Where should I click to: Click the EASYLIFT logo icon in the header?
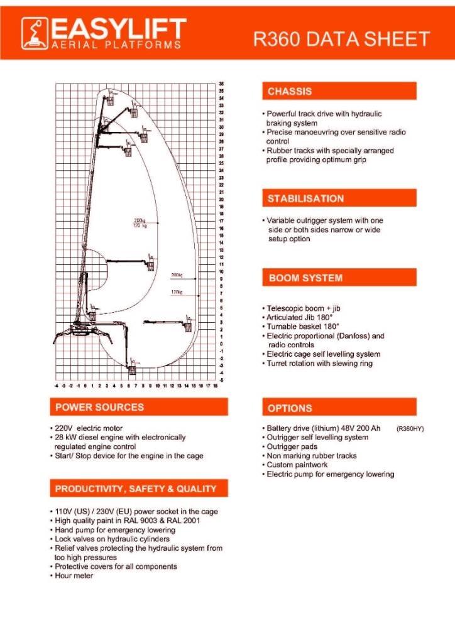coord(36,33)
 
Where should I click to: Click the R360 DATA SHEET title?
coord(341,39)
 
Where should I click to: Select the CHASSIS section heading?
coord(290,92)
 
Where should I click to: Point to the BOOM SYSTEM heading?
coord(305,278)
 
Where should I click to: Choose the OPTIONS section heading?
coord(290,408)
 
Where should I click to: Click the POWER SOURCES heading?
coord(99,407)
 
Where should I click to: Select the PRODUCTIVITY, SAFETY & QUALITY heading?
coord(136,489)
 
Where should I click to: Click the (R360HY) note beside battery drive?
coord(410,428)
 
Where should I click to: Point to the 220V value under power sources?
coord(63,428)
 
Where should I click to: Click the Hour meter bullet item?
coord(74,575)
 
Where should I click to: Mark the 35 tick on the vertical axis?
coord(222,84)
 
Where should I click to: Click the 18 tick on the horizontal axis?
coord(216,386)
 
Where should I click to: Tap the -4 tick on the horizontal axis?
coord(57,386)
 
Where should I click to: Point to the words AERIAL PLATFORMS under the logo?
coord(118,45)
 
